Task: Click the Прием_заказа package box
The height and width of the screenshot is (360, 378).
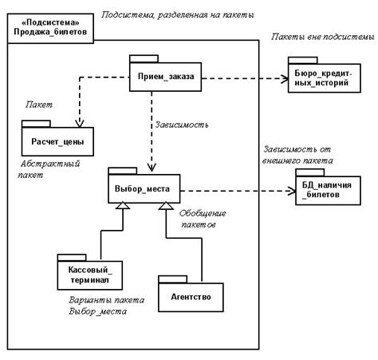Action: click(165, 77)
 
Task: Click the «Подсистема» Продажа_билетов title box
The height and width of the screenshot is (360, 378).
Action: click(50, 28)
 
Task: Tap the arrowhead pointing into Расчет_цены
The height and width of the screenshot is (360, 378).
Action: click(80, 123)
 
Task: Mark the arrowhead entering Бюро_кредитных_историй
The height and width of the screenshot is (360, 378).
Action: click(285, 79)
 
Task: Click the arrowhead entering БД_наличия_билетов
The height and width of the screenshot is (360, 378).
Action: click(292, 191)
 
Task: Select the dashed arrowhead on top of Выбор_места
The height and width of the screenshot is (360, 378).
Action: click(152, 168)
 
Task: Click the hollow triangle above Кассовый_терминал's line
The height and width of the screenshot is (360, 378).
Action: click(123, 205)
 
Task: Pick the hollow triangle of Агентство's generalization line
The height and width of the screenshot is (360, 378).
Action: click(166, 206)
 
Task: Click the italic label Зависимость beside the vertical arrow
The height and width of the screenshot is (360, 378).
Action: click(182, 125)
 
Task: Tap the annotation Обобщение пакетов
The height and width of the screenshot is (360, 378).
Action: click(203, 219)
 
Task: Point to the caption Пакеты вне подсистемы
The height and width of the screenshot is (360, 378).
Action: click(323, 37)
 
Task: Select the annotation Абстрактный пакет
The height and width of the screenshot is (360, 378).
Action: click(49, 169)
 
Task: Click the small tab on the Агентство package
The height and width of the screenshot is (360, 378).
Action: click(173, 279)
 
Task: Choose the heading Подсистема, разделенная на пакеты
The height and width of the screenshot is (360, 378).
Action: click(178, 14)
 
